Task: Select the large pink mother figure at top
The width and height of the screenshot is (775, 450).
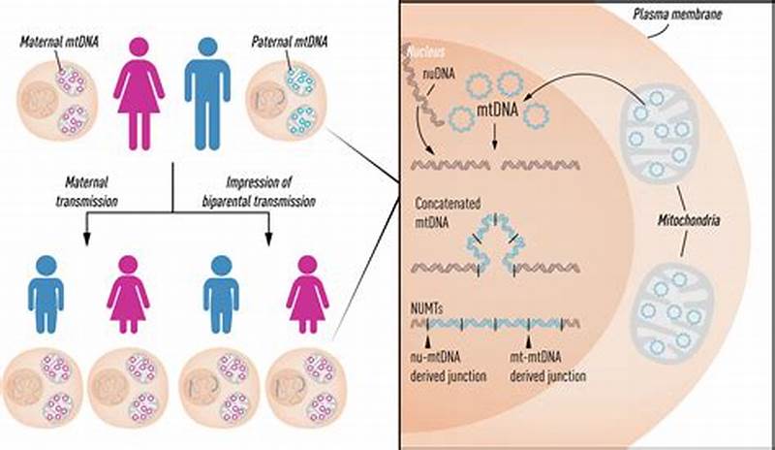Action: click(x=140, y=93)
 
